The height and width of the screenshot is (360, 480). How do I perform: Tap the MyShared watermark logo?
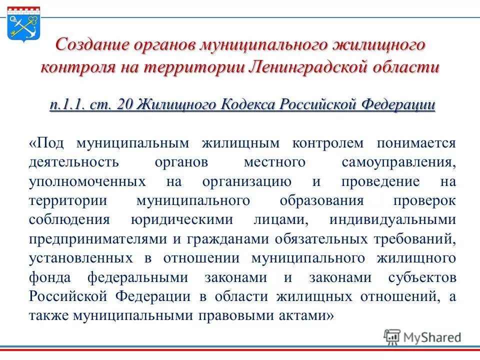coord(422,336)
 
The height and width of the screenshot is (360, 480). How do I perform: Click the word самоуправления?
coord(399,162)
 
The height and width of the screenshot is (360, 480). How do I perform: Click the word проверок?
coord(424,201)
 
